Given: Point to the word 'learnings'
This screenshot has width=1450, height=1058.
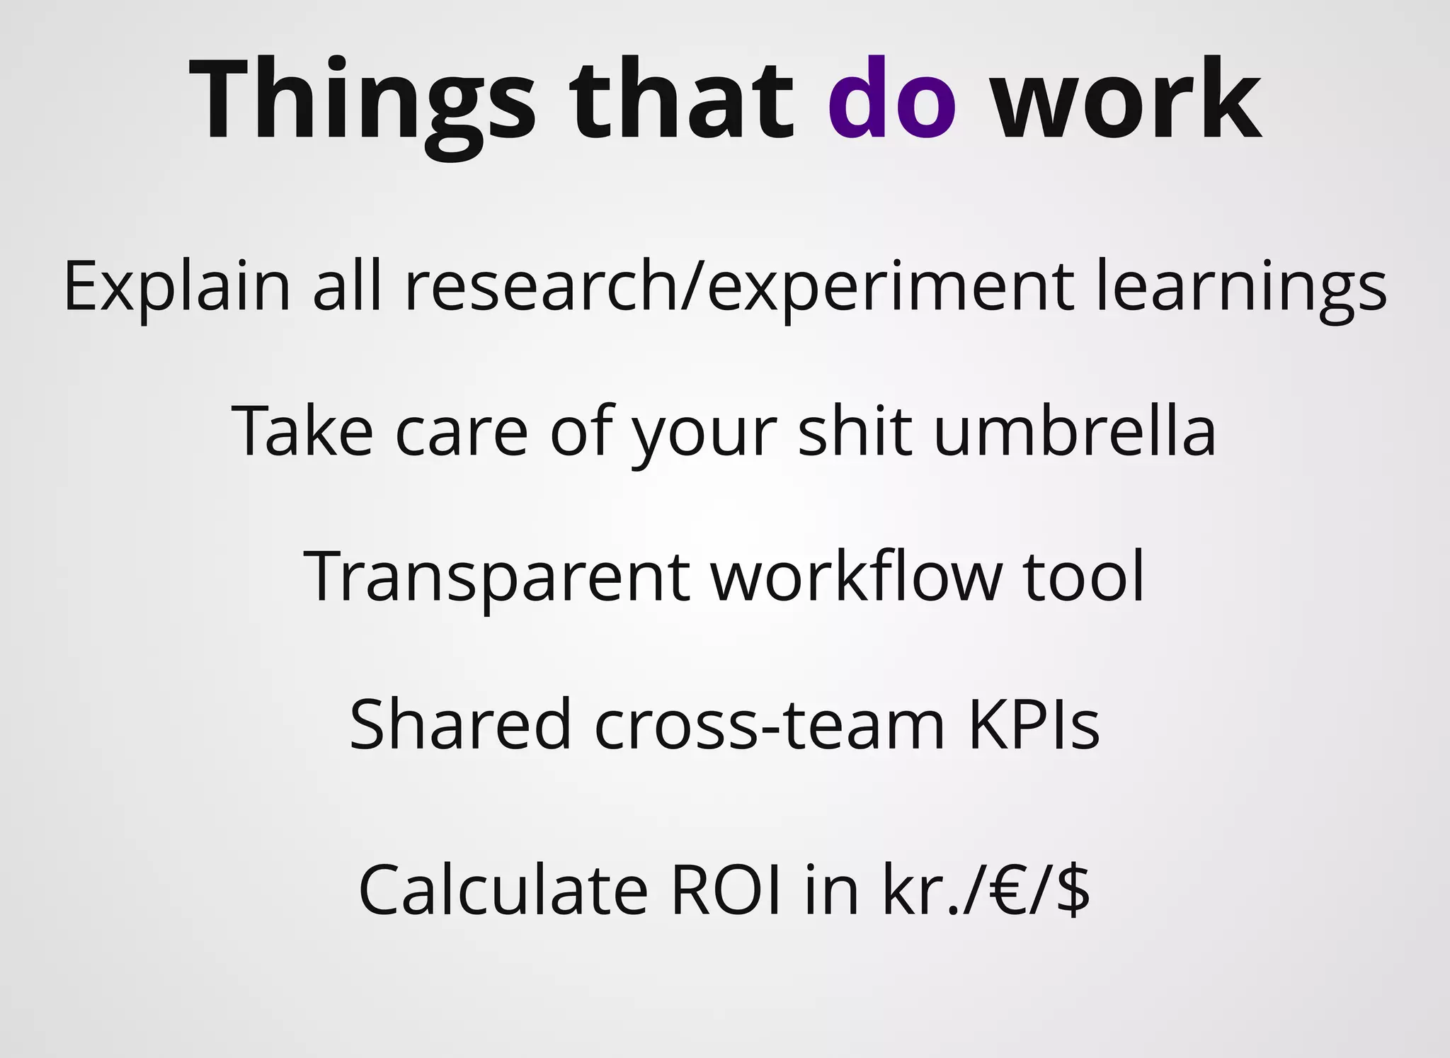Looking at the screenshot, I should (1241, 287).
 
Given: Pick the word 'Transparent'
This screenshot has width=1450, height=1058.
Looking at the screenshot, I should (496, 577).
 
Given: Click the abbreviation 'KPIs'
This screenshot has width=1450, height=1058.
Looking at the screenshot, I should (1033, 724).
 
